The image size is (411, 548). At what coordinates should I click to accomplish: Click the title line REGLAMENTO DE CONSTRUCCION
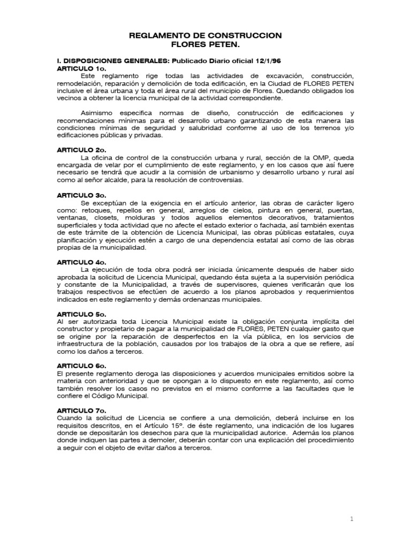[x=205, y=35]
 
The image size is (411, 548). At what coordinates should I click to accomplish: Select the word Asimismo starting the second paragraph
[x=97, y=113]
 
